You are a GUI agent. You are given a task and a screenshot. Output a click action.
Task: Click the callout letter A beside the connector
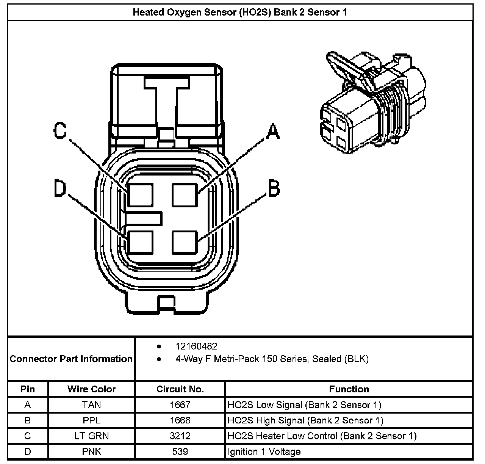(272, 131)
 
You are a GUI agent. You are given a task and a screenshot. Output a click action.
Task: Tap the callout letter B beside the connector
(274, 188)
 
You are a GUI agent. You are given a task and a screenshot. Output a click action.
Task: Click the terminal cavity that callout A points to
(185, 195)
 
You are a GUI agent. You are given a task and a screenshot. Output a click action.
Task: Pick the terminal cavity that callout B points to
(185, 242)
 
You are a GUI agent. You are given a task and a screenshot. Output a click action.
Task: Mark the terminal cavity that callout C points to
(141, 195)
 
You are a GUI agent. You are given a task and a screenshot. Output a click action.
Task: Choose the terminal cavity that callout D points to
(141, 242)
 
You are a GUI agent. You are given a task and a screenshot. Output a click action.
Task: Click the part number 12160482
(196, 346)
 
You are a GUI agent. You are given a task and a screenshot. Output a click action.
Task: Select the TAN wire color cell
(92, 405)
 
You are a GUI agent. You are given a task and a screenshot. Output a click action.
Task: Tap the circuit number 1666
(180, 420)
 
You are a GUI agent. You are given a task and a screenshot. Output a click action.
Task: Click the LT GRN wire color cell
(92, 436)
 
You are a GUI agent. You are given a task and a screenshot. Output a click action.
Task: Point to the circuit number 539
(180, 451)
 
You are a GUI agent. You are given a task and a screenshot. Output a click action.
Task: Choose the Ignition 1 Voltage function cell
(264, 451)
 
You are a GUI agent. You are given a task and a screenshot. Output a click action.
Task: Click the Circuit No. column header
(180, 389)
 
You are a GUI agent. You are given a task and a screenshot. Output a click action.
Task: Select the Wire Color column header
(92, 389)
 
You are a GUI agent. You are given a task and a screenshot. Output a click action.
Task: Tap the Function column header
(349, 389)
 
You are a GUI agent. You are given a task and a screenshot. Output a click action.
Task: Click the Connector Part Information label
(71, 359)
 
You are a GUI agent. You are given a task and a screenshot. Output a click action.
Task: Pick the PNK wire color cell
(92, 451)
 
